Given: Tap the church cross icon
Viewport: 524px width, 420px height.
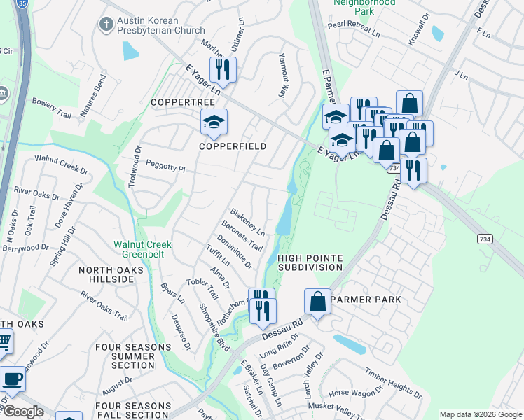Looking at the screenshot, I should click(106, 25).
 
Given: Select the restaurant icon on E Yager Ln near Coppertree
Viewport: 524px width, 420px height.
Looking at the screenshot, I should click(223, 69).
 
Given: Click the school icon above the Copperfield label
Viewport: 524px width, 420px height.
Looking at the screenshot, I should click(214, 122).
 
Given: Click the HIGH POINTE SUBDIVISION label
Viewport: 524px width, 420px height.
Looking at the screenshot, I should click(310, 262).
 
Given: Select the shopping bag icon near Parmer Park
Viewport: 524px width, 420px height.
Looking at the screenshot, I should click(317, 302).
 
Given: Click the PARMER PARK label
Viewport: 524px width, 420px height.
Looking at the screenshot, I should click(366, 300).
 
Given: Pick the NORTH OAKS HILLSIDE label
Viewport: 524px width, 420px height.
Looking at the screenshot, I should click(106, 274).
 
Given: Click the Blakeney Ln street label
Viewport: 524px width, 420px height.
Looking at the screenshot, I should click(247, 221).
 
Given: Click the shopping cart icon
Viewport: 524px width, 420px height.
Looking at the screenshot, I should click(4, 342).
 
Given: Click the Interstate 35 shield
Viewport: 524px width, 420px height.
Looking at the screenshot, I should click(24, 3).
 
